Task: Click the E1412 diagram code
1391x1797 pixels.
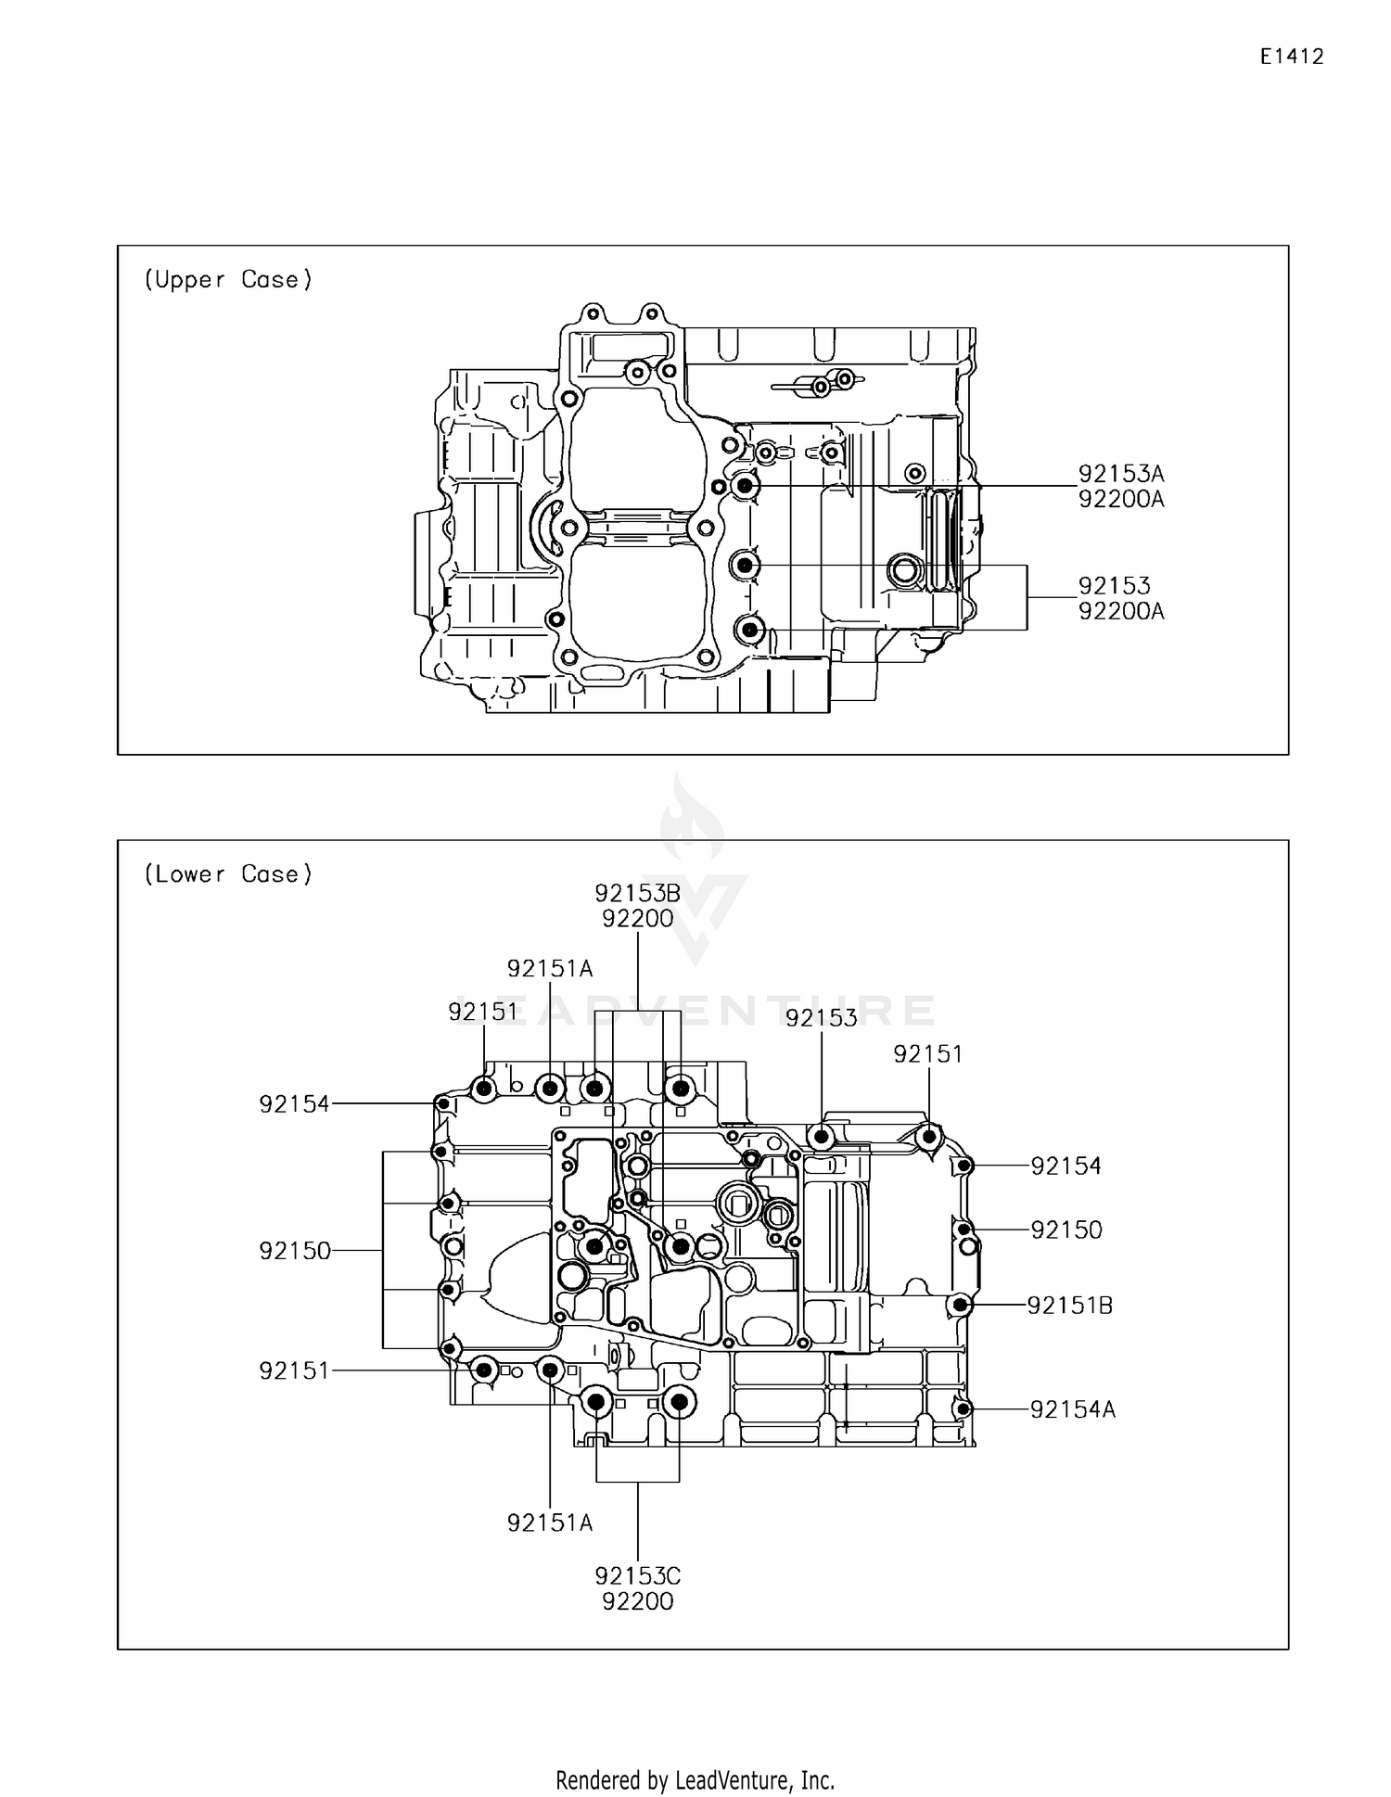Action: coord(1291,57)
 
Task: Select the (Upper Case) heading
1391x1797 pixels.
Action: coord(228,280)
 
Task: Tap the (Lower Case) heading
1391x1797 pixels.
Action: coord(228,874)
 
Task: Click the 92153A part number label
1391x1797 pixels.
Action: coord(1120,474)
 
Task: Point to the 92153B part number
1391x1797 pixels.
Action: coord(637,893)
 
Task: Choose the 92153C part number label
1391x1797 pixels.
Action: coord(637,1576)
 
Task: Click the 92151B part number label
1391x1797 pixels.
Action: coord(1069,1306)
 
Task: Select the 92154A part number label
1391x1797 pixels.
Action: coord(1073,1409)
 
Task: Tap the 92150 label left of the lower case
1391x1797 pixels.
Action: coord(295,1251)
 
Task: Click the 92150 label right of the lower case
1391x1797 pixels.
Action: coord(1066,1230)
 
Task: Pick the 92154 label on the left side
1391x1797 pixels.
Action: coord(294,1104)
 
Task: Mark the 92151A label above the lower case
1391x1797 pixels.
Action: coord(549,969)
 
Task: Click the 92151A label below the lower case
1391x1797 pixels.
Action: coord(549,1523)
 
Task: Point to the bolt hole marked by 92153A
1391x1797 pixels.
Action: coord(744,486)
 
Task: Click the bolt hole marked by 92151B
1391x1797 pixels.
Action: coord(961,1306)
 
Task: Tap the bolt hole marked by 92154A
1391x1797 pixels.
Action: coord(963,1409)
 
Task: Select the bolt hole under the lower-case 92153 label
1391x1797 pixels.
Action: coord(821,1136)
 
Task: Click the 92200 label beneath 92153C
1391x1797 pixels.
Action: coord(637,1601)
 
